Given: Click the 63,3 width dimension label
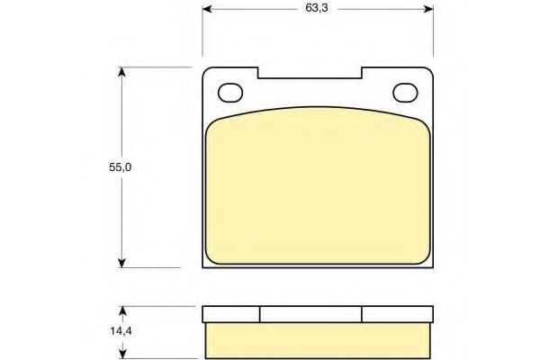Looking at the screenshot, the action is click(x=317, y=8).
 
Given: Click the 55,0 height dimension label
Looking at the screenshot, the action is click(x=121, y=167).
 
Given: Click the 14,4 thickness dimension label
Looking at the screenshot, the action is click(x=121, y=331).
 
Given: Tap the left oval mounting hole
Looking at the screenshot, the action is click(x=230, y=93).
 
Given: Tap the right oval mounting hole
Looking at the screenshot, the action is click(x=405, y=93).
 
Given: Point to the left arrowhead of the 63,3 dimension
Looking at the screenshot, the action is click(x=207, y=9).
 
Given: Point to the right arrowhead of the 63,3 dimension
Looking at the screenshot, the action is click(x=428, y=9).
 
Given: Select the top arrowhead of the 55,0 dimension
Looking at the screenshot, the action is click(x=121, y=72).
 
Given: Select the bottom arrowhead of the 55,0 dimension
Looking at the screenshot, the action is click(x=121, y=263).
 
